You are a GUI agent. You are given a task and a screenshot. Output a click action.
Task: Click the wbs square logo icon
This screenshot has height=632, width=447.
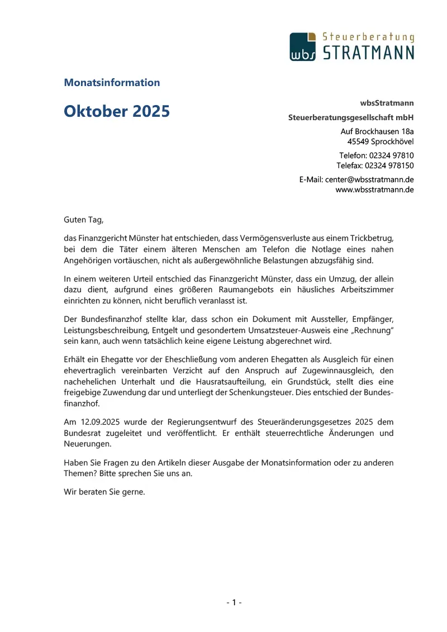click(303, 46)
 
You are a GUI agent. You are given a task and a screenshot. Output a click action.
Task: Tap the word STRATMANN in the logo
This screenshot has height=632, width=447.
click(369, 53)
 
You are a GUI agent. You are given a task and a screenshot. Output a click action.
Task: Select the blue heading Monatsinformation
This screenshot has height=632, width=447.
click(112, 83)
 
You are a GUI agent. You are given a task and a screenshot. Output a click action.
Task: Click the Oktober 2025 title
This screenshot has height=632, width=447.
click(117, 111)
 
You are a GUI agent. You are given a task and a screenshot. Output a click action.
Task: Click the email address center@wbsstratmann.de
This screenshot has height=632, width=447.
click(369, 179)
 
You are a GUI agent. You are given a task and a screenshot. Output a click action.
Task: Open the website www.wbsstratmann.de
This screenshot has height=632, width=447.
click(374, 189)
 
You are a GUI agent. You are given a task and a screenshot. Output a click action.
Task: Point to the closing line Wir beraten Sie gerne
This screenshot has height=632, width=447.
click(104, 493)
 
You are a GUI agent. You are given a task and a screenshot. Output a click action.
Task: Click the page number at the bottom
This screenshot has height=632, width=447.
click(234, 602)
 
